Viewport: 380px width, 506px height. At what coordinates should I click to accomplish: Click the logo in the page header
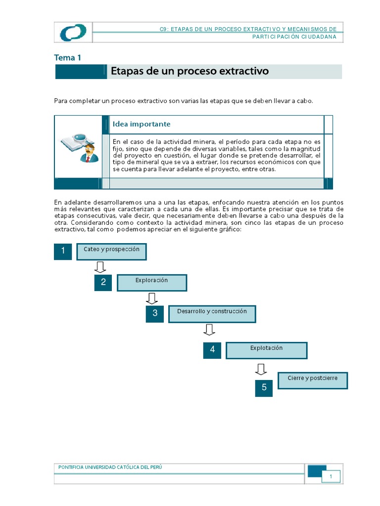click(73, 33)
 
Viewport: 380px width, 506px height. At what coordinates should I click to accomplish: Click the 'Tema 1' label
click(67, 57)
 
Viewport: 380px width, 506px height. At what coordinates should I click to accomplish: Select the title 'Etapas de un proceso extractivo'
click(190, 71)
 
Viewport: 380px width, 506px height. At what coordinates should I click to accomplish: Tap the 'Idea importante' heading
click(142, 124)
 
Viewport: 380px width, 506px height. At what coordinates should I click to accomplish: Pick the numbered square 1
click(63, 251)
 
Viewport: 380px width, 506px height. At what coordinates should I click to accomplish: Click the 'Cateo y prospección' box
click(112, 252)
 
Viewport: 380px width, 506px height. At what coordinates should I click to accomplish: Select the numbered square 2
click(103, 282)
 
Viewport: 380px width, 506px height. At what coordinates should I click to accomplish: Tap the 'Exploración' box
click(152, 283)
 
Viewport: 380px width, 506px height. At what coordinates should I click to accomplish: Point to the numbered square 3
click(155, 313)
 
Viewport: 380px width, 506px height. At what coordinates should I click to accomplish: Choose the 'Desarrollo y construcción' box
click(212, 314)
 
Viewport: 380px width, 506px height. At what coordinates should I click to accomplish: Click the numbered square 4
click(212, 350)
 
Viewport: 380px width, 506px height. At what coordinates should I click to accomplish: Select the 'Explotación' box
click(266, 350)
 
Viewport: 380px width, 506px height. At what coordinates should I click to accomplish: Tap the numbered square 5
click(264, 387)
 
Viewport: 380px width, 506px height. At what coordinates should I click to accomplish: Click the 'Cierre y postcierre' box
click(313, 380)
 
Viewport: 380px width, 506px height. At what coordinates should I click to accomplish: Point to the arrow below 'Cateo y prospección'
click(100, 267)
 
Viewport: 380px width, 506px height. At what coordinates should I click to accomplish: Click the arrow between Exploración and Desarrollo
click(152, 298)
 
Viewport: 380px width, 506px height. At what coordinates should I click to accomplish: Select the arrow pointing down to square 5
click(261, 369)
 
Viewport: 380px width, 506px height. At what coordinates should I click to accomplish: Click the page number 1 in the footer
click(332, 477)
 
